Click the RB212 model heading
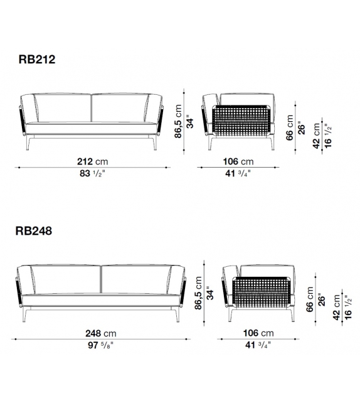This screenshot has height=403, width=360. pos(37,60)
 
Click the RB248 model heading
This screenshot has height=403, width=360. pos(34,231)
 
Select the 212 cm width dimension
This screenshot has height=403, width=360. pos(93,161)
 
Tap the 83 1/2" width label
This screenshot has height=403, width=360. pos(92,173)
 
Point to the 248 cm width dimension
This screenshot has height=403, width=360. pos(101,333)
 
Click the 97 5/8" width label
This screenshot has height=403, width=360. pos(100,345)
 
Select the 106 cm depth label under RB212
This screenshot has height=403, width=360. pos(238,161)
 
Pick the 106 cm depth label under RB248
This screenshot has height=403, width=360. pos(258,333)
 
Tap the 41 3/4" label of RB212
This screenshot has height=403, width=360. pos(238,173)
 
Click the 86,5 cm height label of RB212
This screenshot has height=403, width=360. pos(178,121)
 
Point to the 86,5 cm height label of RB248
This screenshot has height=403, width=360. pos(198,293)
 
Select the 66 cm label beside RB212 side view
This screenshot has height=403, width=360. pos(289,127)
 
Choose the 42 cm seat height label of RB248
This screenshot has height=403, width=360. pos(337,308)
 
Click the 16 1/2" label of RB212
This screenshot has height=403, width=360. pos(328,136)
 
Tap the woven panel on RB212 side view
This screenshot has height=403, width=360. pos(241,121)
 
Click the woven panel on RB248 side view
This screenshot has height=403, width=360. pos(261,293)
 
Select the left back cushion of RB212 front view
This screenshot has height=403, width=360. pos(63,108)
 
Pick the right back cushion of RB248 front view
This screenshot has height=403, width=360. pos(136,279)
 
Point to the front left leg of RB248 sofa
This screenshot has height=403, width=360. pos(25,314)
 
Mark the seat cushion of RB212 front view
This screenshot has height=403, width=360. pos(92,128)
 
